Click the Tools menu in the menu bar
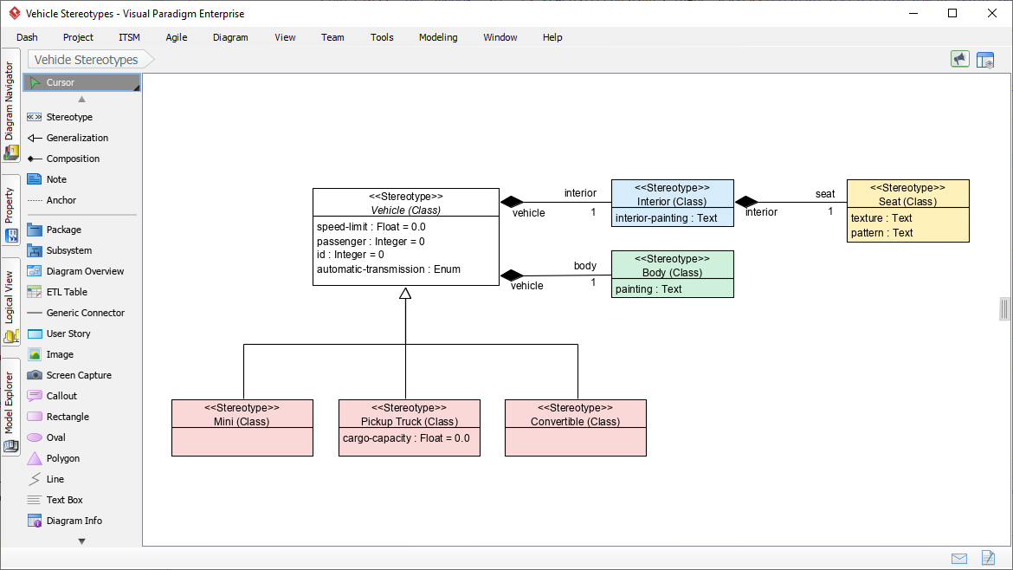[x=382, y=37]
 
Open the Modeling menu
[x=438, y=37]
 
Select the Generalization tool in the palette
[x=77, y=138]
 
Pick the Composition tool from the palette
[x=73, y=159]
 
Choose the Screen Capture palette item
[x=78, y=375]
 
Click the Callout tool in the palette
[x=61, y=396]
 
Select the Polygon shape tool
[x=62, y=458]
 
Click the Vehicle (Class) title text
[x=405, y=210]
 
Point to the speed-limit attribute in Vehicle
[x=371, y=227]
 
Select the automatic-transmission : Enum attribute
[x=388, y=269]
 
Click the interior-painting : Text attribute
[x=666, y=218]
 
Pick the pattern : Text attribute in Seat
[x=881, y=233]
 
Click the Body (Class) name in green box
[x=672, y=272]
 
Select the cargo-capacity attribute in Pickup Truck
[x=406, y=438]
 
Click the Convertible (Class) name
[x=575, y=422]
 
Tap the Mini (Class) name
[x=242, y=422]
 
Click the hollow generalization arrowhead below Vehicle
[x=404, y=294]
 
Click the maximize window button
[x=952, y=13]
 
